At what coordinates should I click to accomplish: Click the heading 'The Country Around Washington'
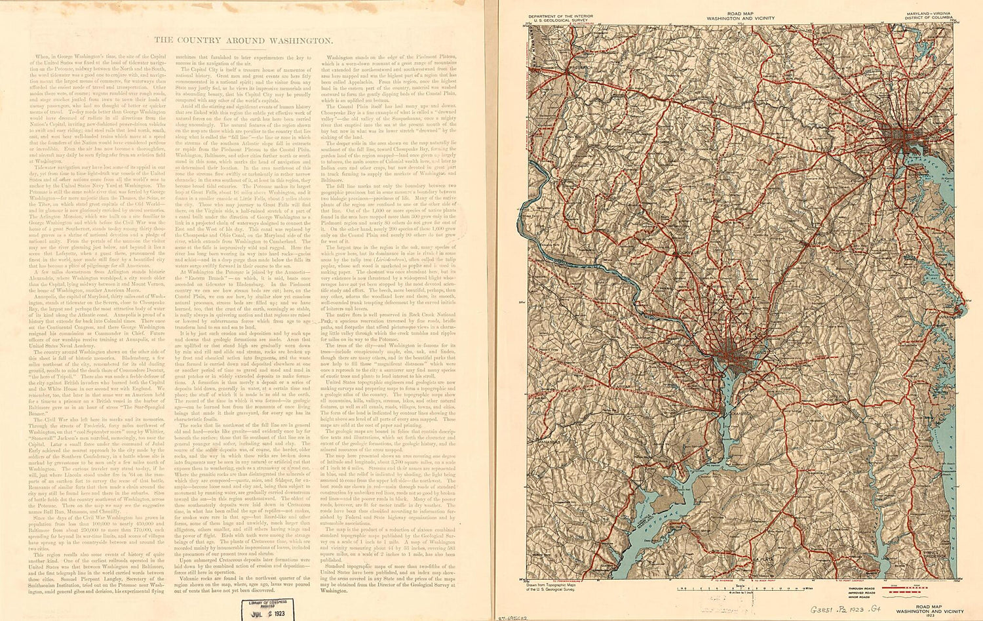tap(242, 41)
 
